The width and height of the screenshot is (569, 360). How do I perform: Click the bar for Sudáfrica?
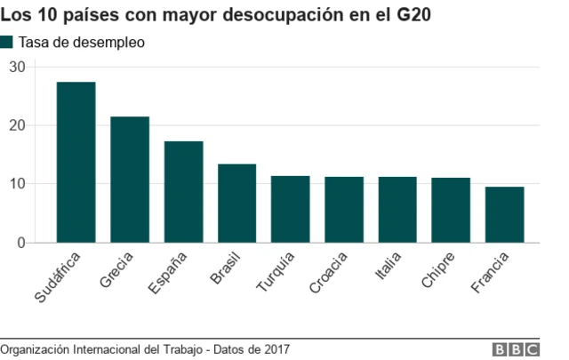click(x=76, y=162)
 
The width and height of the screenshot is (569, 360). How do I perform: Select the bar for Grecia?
click(x=130, y=180)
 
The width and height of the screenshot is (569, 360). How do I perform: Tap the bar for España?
click(x=183, y=192)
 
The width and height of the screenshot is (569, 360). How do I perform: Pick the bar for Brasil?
click(x=236, y=203)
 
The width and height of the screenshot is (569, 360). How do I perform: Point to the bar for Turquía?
click(x=290, y=209)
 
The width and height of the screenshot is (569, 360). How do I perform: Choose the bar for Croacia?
click(x=344, y=210)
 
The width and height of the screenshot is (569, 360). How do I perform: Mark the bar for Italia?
click(x=397, y=210)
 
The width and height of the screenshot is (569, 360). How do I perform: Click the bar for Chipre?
click(x=451, y=210)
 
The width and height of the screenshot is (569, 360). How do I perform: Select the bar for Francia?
click(x=504, y=214)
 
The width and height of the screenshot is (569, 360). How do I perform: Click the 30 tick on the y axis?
click(x=18, y=67)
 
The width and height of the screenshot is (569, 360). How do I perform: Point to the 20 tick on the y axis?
click(x=18, y=125)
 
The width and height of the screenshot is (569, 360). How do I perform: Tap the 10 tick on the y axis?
click(x=18, y=184)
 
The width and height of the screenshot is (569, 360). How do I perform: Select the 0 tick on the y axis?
click(x=22, y=243)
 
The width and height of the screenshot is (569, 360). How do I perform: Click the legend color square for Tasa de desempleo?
click(x=7, y=43)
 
